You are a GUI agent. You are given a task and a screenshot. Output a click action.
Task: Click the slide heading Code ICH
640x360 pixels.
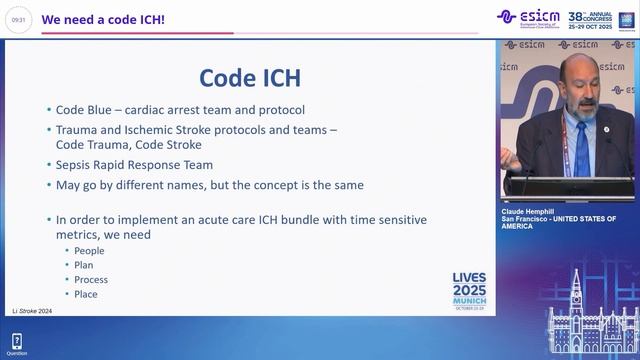250,77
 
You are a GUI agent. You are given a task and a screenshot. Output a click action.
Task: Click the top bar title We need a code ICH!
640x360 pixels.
103,18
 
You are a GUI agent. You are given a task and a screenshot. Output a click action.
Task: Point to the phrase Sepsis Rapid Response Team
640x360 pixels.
134,165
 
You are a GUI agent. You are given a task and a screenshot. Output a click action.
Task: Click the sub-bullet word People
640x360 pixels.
89,250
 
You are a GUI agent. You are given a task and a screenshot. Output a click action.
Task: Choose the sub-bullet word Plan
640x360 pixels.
84,265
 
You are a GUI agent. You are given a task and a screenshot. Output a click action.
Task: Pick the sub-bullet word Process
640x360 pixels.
91,280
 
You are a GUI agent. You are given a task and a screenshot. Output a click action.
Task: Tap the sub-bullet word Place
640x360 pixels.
86,294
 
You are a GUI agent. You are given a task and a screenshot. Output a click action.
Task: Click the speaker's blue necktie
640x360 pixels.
582,150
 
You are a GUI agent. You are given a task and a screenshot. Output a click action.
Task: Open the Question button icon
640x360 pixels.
16,342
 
